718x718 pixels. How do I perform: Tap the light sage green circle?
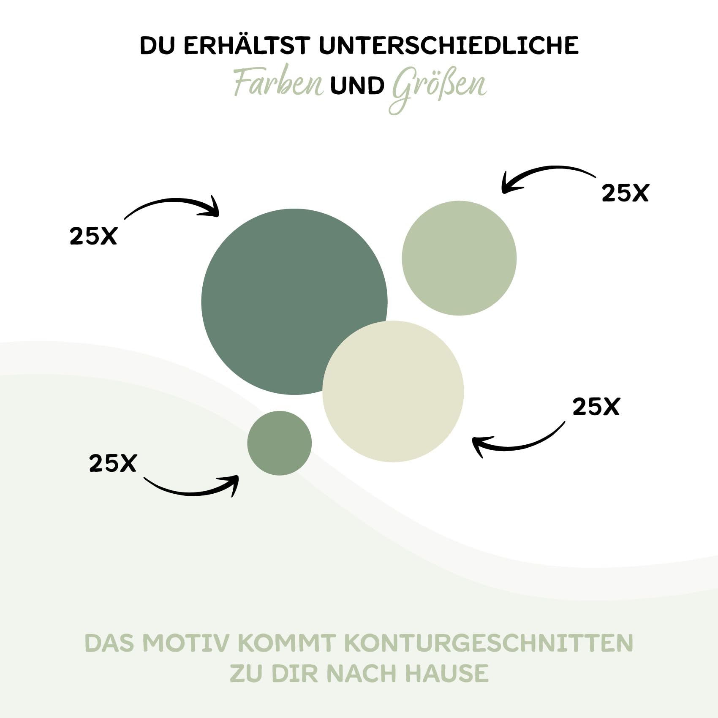click(459, 258)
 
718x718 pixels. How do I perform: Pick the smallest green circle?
click(279, 443)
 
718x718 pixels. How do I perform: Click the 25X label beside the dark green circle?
click(93, 236)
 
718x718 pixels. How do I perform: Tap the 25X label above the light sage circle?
click(625, 193)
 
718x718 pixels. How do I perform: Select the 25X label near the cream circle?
click(596, 407)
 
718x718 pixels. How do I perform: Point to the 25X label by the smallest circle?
click(113, 463)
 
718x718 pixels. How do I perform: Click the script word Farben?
click(279, 84)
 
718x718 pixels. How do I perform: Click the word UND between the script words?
click(357, 86)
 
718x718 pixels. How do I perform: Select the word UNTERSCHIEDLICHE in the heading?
click(449, 46)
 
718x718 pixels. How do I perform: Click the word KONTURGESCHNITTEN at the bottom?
click(489, 643)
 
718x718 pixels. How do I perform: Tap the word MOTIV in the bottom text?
click(186, 643)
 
